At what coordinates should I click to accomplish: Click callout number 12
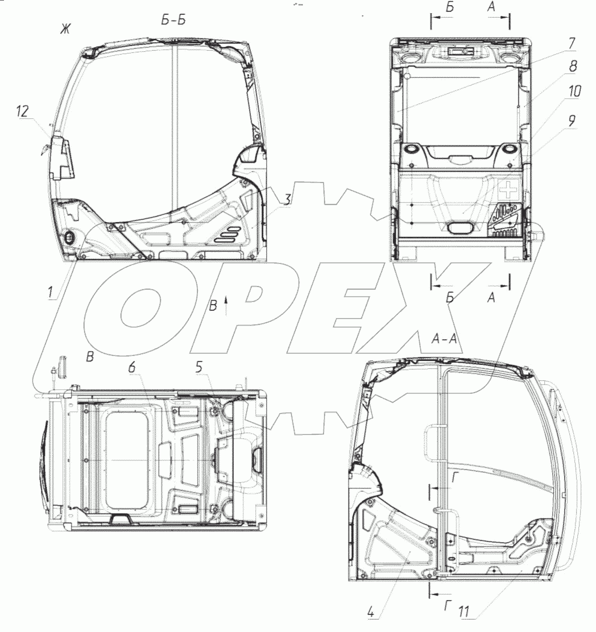(x=23, y=111)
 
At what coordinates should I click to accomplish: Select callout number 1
(x=51, y=292)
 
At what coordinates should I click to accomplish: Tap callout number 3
(x=287, y=199)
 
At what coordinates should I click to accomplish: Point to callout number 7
(x=572, y=43)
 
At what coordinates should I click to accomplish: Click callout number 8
(x=573, y=66)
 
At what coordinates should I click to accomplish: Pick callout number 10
(x=574, y=92)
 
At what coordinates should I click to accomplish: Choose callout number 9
(x=572, y=120)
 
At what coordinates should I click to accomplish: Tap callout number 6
(x=133, y=368)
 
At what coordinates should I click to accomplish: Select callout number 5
(x=199, y=367)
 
